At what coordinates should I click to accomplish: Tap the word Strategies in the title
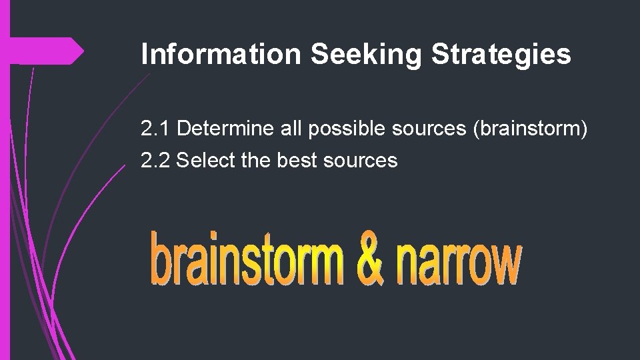click(x=501, y=55)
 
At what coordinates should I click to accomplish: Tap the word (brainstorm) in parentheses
click(x=530, y=129)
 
